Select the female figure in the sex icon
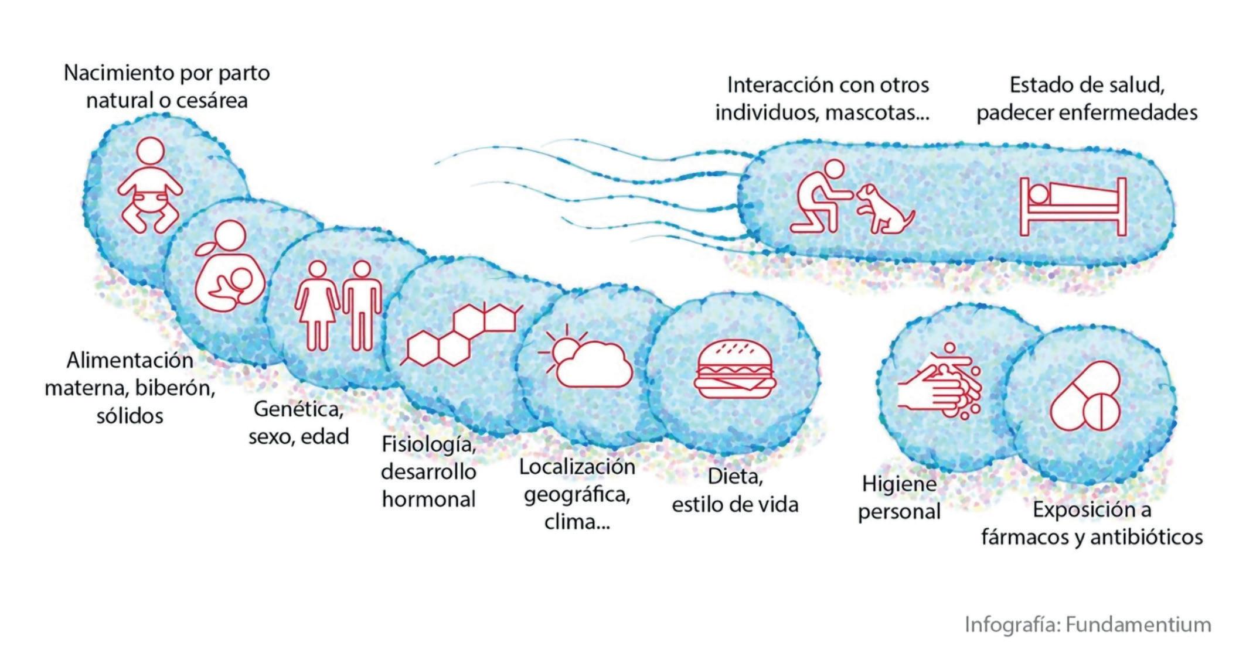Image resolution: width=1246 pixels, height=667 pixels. point(317,305)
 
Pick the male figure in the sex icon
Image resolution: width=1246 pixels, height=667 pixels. point(362,305)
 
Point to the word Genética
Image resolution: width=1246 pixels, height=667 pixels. point(298,409)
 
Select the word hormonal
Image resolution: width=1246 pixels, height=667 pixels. point(428,500)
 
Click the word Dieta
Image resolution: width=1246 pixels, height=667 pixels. point(735,477)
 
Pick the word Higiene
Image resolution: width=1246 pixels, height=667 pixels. point(898,484)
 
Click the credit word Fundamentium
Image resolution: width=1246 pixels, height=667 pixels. point(1138,625)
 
